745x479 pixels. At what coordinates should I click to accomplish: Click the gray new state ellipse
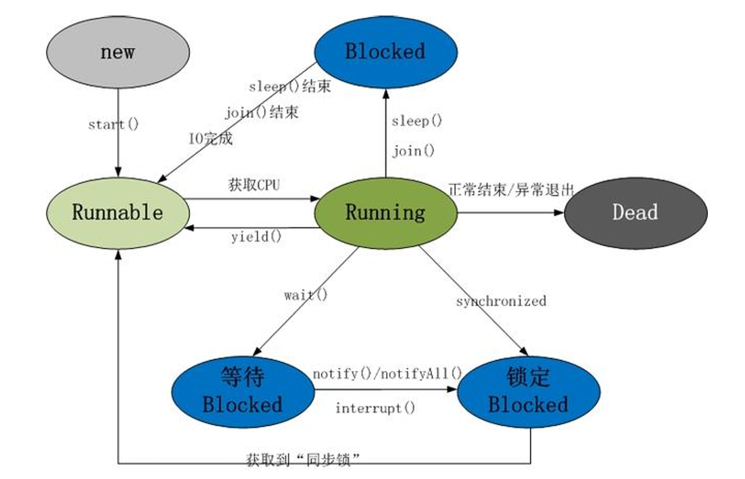118,53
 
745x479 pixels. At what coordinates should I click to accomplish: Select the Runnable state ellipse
118,212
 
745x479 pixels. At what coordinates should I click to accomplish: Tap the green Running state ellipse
385,212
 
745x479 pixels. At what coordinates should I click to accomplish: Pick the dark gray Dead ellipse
635,212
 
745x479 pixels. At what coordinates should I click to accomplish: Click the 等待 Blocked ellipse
243,392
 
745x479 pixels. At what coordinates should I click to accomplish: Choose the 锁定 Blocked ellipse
528,392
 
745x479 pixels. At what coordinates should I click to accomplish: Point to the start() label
114,124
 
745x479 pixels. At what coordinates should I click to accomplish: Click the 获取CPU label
254,185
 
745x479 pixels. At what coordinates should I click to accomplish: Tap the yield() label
256,236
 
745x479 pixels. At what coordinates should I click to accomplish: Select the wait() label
306,296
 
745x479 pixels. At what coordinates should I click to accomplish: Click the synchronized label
500,301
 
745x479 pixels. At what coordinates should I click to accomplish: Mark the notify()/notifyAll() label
387,374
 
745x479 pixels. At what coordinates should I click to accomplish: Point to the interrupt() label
375,408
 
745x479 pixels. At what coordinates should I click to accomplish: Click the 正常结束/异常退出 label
511,190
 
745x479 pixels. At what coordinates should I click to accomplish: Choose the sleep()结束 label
289,87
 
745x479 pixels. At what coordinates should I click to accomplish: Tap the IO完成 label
210,139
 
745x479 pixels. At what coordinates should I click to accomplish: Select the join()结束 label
261,112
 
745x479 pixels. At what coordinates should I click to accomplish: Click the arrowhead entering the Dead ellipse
559,212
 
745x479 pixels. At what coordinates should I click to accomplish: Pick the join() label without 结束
413,151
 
